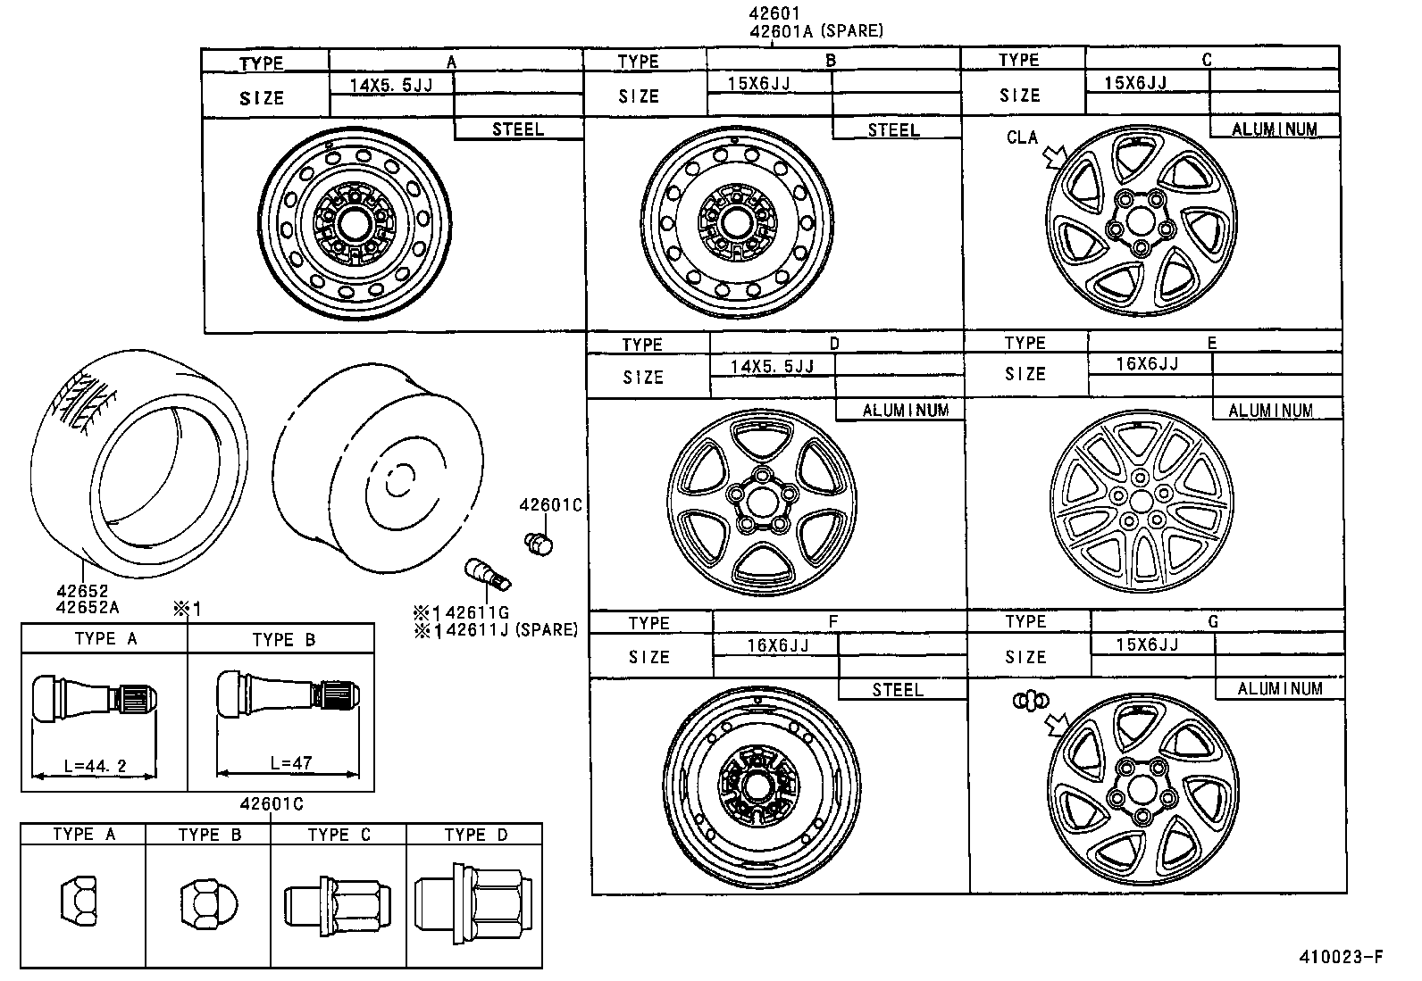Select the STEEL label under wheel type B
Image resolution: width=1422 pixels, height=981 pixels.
click(893, 129)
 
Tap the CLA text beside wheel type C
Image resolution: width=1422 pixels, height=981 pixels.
click(1022, 137)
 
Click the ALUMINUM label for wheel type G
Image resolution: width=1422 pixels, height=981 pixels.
click(1279, 688)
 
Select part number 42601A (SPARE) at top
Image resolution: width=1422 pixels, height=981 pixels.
click(816, 31)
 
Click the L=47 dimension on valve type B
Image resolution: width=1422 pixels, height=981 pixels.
click(291, 764)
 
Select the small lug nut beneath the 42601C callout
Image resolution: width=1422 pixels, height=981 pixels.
click(539, 542)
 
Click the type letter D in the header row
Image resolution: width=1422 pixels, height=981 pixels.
click(834, 344)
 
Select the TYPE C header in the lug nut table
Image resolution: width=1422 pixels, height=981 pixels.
click(339, 835)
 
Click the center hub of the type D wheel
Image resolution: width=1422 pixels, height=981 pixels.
click(761, 502)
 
